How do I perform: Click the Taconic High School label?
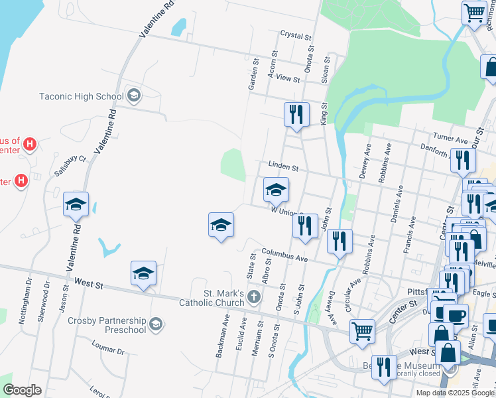pyautogui.click(x=81, y=96)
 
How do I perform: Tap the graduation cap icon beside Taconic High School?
pyautogui.click(x=134, y=96)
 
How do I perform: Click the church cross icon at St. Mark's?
pyautogui.click(x=254, y=298)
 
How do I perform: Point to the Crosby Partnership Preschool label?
pyautogui.click(x=107, y=325)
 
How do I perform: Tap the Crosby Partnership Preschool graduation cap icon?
pyautogui.click(x=156, y=324)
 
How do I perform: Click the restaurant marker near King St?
pyautogui.click(x=296, y=114)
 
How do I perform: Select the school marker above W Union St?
pyautogui.click(x=276, y=190)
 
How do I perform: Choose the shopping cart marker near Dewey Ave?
pyautogui.click(x=361, y=330)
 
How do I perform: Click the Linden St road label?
pyautogui.click(x=284, y=165)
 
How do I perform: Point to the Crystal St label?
pyautogui.click(x=296, y=34)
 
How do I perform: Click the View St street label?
pyautogui.click(x=288, y=78)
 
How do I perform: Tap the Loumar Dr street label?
pyautogui.click(x=109, y=348)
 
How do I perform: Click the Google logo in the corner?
pyautogui.click(x=22, y=390)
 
